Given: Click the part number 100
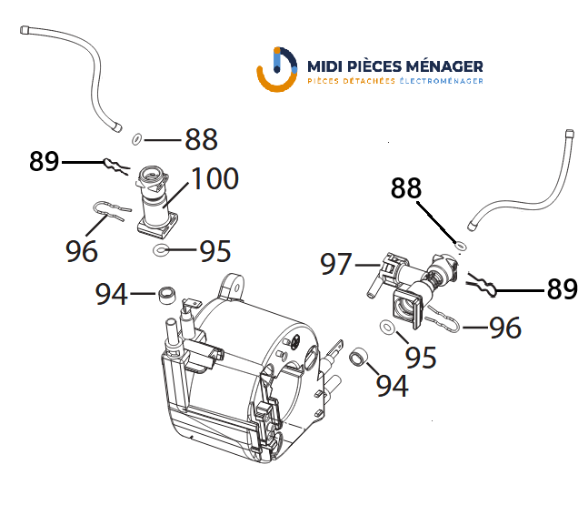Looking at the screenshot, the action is click(214, 178).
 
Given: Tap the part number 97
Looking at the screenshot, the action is click(336, 264).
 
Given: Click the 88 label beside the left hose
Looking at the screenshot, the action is click(202, 139).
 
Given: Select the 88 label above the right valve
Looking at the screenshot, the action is click(405, 187).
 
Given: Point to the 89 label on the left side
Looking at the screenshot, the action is click(45, 161).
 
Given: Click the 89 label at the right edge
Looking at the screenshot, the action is click(563, 288).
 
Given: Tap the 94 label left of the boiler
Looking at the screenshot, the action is click(112, 294).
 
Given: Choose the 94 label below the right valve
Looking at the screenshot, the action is click(392, 386).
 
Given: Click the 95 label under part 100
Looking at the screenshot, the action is click(214, 251).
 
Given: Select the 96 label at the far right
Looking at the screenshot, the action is click(505, 328).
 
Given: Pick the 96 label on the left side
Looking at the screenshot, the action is click(82, 251).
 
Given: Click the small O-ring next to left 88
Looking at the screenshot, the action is click(137, 139).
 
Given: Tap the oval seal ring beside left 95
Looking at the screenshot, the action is click(161, 249).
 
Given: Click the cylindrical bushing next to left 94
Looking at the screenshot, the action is click(166, 295).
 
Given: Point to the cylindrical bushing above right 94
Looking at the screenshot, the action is click(358, 357).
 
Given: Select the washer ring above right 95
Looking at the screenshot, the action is click(387, 327).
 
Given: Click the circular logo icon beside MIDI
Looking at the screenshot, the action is click(277, 69).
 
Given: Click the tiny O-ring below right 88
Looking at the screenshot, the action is click(461, 247).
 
